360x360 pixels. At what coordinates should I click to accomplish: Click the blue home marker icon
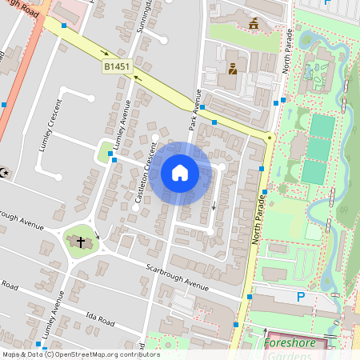pyautogui.click(x=180, y=173)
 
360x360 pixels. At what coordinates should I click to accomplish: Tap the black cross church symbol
pyautogui.click(x=81, y=242)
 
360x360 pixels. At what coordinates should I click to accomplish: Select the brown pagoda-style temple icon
pyautogui.click(x=254, y=23)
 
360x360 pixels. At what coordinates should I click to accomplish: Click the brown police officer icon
pyautogui.click(x=232, y=69)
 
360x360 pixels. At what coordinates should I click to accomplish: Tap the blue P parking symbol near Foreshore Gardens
pyautogui.click(x=301, y=297)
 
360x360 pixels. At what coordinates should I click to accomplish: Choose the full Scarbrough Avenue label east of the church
pyautogui.click(x=177, y=273)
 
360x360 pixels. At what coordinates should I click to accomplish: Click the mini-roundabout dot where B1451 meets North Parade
pyautogui.click(x=270, y=138)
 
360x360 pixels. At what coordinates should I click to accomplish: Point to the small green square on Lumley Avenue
pyautogui.click(x=104, y=150)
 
